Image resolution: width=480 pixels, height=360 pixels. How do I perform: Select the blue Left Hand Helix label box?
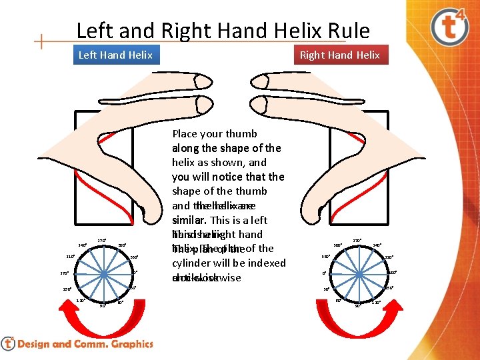pyautogui.click(x=115, y=55)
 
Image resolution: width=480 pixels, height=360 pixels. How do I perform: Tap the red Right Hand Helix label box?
pyautogui.click(x=339, y=55)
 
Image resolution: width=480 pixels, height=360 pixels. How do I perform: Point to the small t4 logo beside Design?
pyautogui.click(x=8, y=344)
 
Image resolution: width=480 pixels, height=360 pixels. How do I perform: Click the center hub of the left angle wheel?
pyautogui.click(x=105, y=273)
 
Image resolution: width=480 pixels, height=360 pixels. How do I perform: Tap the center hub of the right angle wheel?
pyautogui.click(x=357, y=273)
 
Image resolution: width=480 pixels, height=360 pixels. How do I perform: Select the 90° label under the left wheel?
pyautogui.click(x=103, y=306)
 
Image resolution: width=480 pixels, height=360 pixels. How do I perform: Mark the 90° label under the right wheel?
pyautogui.click(x=357, y=306)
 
